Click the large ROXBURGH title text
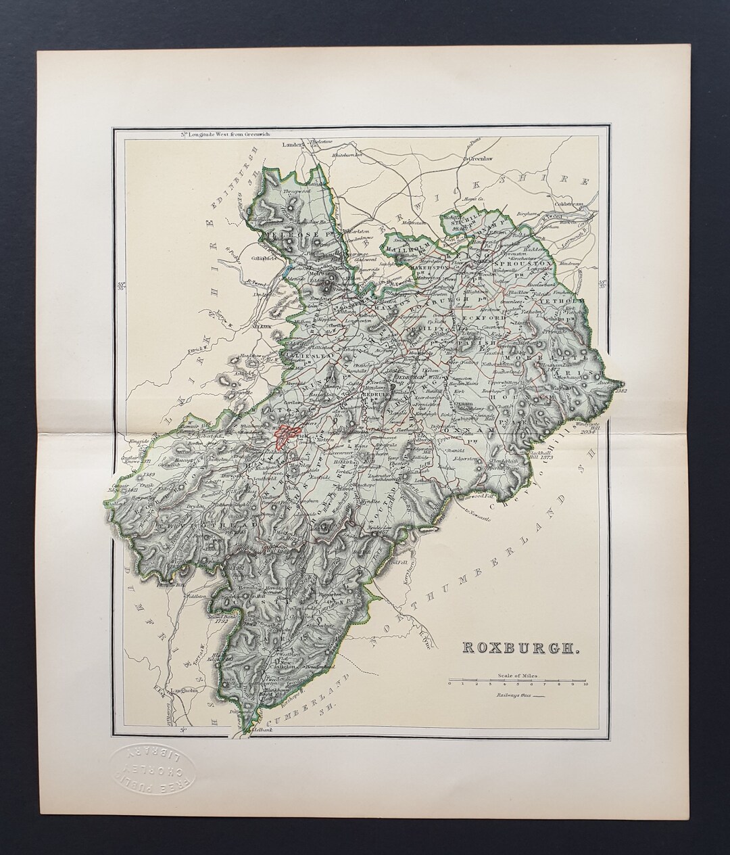tap(519, 647)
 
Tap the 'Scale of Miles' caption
tap(516, 676)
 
